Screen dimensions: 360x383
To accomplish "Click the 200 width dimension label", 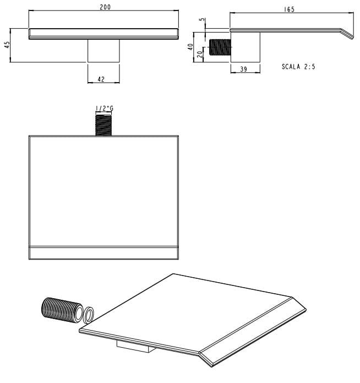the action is click(105, 7).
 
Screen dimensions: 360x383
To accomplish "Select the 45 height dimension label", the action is click(7, 45).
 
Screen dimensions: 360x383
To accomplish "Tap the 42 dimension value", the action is click(101, 79).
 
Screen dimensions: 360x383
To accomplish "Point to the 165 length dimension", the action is click(289, 9).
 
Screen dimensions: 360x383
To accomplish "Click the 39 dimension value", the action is click(244, 69).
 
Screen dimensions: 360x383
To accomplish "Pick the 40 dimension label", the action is click(190, 47).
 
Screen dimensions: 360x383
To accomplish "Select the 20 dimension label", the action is click(200, 54).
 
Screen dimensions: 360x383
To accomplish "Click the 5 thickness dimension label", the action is click(203, 19).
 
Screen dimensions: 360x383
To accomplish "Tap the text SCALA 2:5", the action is click(298, 67).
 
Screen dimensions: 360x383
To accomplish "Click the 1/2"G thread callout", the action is click(104, 108).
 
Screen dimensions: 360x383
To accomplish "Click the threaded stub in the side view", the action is click(220, 47).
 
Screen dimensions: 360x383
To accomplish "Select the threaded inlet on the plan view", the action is click(103, 125).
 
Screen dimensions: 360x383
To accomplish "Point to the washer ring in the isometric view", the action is click(89, 315).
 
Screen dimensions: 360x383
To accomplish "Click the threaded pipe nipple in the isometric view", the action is click(62, 310).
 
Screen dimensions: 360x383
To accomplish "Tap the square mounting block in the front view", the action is click(103, 51).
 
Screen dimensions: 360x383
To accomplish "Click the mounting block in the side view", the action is click(246, 47).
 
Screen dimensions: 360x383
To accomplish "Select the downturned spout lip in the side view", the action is click(347, 34).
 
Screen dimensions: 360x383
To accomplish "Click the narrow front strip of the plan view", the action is click(103, 253).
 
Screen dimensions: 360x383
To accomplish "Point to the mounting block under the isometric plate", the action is click(136, 346).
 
